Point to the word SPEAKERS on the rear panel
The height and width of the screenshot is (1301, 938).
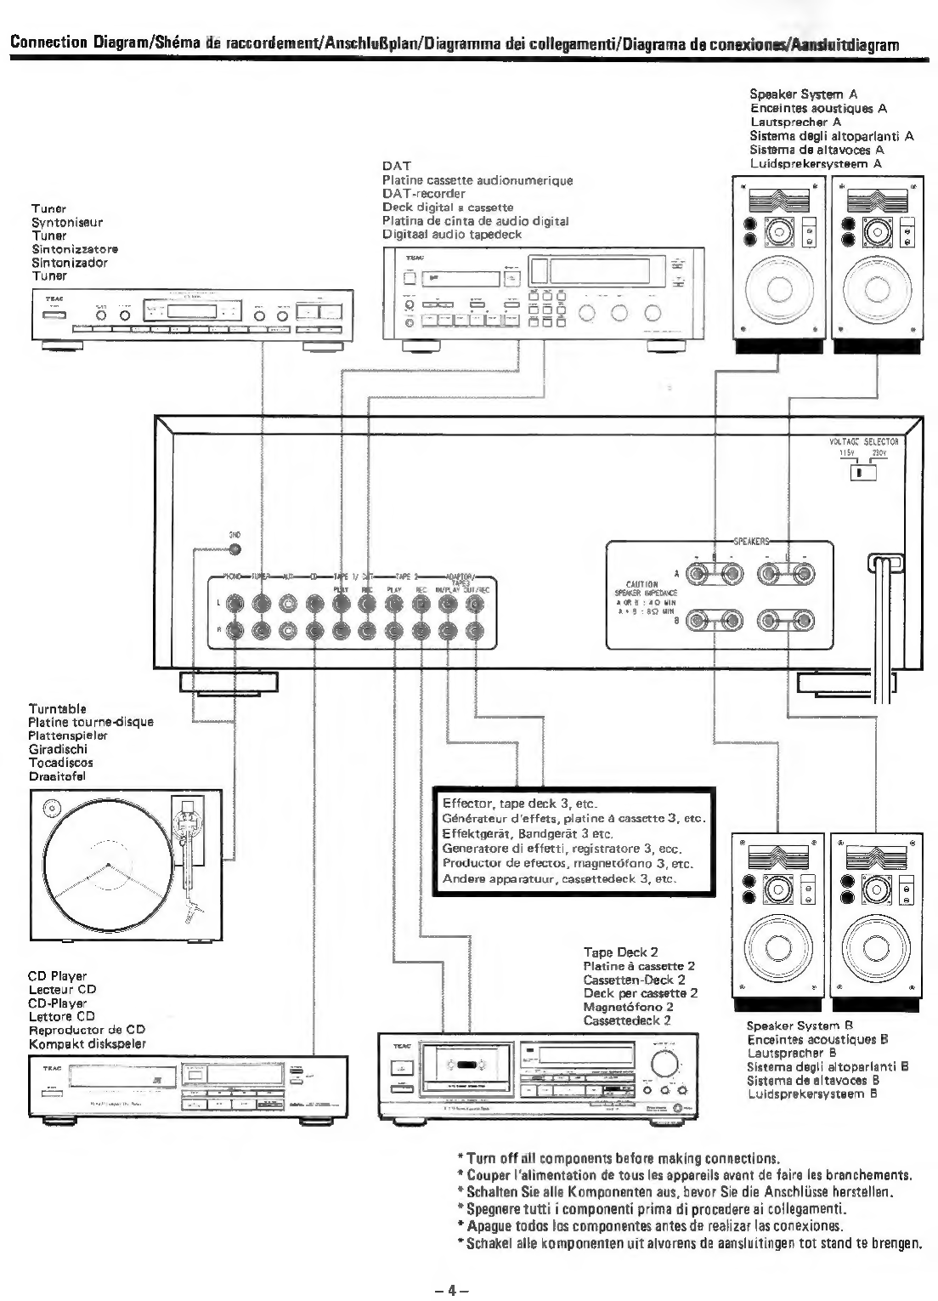750,540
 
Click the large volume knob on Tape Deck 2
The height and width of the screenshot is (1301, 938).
664,1065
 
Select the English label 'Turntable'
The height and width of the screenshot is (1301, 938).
57,708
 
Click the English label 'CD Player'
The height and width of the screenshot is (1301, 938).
57,976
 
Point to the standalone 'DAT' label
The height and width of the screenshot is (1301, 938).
396,167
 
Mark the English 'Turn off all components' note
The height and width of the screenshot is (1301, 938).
619,1158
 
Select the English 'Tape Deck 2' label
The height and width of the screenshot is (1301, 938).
620,952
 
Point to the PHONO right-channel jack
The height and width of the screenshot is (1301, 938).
235,630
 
